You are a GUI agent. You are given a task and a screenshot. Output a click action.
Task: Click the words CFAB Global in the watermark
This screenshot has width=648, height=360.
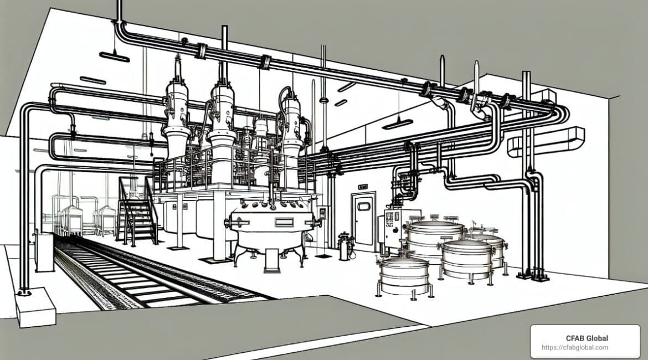click(x=587, y=338)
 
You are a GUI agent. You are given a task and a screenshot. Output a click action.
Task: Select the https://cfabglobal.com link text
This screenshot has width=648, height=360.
click(x=575, y=348)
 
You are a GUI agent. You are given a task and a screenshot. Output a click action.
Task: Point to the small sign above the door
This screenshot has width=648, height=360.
click(x=363, y=187)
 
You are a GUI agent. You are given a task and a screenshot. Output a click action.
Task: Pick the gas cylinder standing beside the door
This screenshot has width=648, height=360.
click(x=344, y=246)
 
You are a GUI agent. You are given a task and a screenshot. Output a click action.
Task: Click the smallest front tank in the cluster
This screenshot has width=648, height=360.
click(x=404, y=275)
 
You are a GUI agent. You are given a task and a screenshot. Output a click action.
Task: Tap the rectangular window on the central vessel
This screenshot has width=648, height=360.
click(x=284, y=222)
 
